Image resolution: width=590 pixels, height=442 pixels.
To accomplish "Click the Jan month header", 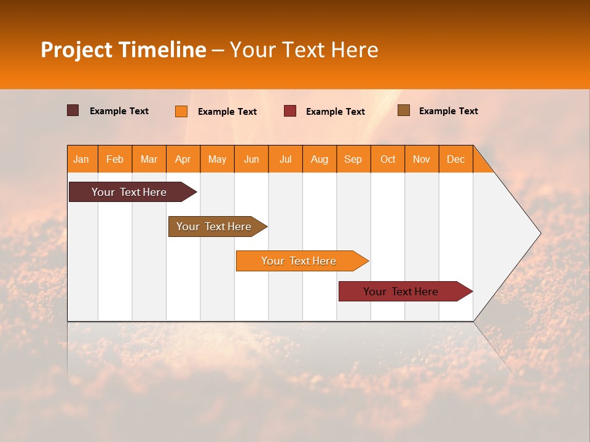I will (81, 160).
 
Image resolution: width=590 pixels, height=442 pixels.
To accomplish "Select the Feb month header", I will (115, 160).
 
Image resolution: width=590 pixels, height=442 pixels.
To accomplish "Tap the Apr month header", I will (183, 160).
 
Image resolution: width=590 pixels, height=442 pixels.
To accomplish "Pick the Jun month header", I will (251, 160).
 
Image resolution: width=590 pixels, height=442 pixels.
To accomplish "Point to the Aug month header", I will (320, 160).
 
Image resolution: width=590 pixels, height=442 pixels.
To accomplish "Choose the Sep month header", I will (353, 160).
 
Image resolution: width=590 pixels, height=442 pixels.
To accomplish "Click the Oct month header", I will (388, 160).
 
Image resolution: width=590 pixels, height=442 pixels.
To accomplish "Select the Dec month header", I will (456, 160).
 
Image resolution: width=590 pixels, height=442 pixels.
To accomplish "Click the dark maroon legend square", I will (73, 110).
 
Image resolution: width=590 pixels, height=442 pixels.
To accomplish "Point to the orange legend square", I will (181, 111).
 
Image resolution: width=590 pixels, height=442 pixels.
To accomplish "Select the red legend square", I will (290, 111).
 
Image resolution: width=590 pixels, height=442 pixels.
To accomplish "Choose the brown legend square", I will (404, 110).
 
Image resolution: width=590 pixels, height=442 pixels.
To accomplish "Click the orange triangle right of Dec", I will (482, 164).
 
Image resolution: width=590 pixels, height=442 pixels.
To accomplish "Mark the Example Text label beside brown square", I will (448, 111).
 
